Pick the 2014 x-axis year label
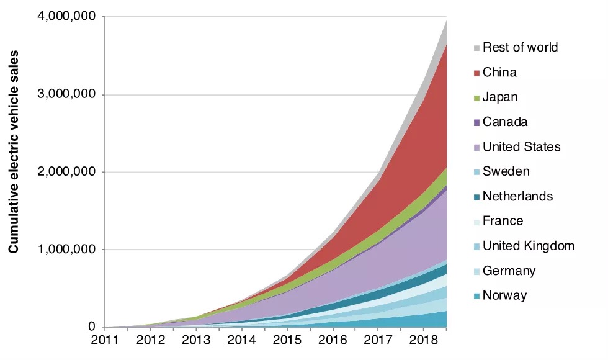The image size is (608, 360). [241, 340]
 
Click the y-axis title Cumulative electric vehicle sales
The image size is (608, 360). [14, 152]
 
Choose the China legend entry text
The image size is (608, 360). [499, 73]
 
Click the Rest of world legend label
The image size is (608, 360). [520, 48]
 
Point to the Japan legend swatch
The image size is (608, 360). [476, 98]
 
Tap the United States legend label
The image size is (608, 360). [521, 147]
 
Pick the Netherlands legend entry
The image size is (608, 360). [517, 196]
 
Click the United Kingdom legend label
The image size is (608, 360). [528, 246]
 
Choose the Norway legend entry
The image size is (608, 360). [504, 295]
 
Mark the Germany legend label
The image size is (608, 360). [509, 271]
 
